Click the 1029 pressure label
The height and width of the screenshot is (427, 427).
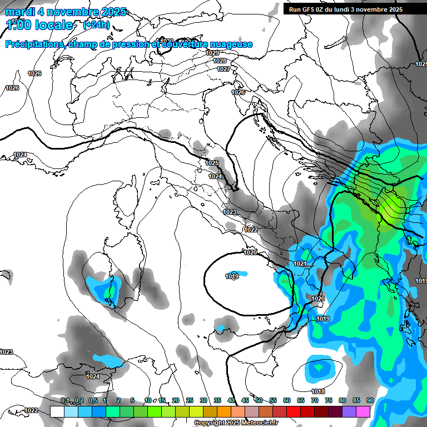(212, 53)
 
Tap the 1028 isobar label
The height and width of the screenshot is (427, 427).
(220, 61)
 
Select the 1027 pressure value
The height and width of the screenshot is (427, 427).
(224, 69)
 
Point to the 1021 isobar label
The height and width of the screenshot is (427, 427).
(300, 264)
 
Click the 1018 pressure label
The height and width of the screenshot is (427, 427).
(319, 392)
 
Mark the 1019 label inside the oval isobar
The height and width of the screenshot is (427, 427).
(232, 276)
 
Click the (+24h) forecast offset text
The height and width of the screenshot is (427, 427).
(96, 25)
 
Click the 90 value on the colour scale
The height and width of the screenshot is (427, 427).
(370, 400)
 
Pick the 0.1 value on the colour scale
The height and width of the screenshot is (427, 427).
(65, 400)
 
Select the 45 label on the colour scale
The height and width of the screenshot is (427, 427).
(245, 400)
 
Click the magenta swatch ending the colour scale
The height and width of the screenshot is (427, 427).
(363, 411)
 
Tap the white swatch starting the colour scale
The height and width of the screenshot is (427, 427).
(57, 411)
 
